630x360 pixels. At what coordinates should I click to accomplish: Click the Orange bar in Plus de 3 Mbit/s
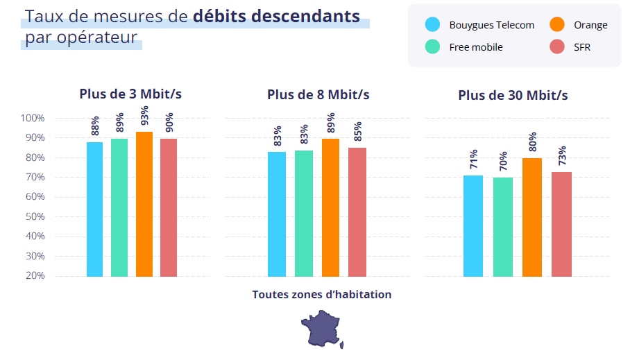[x=144, y=204]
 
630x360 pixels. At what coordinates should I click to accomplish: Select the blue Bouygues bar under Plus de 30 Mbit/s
[x=473, y=225]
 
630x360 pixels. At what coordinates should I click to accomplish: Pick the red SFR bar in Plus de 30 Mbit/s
[x=561, y=223]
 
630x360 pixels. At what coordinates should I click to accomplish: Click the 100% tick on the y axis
[x=31, y=119]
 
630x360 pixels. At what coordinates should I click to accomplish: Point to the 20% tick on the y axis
[x=33, y=276]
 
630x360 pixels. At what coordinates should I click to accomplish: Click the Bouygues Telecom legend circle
[x=432, y=25]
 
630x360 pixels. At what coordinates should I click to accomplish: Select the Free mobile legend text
[x=475, y=47]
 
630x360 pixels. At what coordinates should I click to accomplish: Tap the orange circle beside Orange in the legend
[x=557, y=25]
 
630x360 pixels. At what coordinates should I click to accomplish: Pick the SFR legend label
[x=582, y=47]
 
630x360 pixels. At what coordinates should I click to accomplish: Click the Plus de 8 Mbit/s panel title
[x=318, y=95]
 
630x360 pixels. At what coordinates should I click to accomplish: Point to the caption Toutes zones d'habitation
[x=322, y=295]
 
